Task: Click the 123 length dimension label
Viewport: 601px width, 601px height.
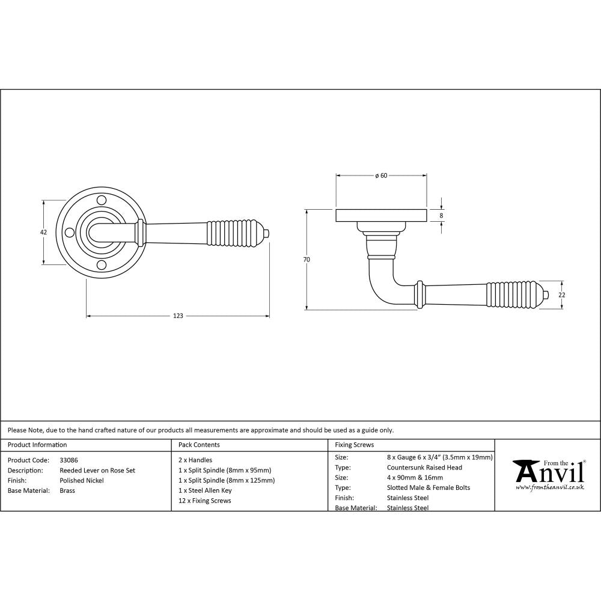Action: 178,316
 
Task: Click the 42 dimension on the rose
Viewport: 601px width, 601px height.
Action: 43,232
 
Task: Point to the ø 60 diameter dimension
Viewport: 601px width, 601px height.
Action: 380,175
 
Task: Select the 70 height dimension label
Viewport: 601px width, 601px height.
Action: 307,260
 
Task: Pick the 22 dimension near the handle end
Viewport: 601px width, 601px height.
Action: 562,294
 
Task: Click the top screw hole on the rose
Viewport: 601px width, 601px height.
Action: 102,199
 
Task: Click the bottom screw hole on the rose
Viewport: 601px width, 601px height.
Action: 102,264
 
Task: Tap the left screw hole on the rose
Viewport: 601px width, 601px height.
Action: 69,232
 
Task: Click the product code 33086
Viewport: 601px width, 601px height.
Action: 69,460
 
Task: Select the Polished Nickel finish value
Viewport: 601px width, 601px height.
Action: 82,481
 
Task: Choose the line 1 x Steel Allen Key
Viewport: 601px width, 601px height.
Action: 205,490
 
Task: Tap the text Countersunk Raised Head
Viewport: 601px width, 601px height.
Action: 424,468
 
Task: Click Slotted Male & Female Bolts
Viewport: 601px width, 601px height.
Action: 429,487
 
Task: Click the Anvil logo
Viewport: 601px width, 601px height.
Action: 548,472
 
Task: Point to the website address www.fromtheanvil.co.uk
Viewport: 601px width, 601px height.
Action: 549,487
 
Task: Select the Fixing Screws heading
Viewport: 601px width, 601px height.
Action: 354,445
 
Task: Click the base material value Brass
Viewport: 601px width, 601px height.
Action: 67,491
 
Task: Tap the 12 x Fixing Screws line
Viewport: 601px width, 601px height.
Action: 204,501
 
